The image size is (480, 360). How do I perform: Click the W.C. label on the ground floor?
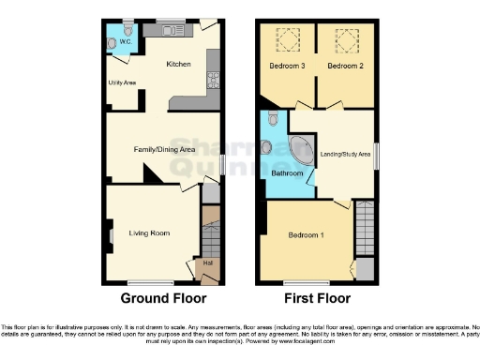coord(125,40)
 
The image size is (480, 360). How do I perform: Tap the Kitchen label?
coord(178,65)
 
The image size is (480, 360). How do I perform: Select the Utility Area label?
coord(123,82)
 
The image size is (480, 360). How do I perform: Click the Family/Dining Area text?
coord(162,148)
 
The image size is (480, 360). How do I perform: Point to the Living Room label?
coord(150,232)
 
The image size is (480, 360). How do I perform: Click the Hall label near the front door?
coord(208,263)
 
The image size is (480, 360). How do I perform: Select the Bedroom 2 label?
coord(343,66)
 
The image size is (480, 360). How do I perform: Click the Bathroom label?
coord(287,173)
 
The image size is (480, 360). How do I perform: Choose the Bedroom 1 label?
coord(306,234)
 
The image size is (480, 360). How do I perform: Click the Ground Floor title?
coord(163,299)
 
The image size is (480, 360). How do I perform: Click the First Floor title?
coord(315,299)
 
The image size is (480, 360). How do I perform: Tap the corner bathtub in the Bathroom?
coord(302,151)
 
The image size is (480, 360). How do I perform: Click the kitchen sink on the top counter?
coord(172,31)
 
